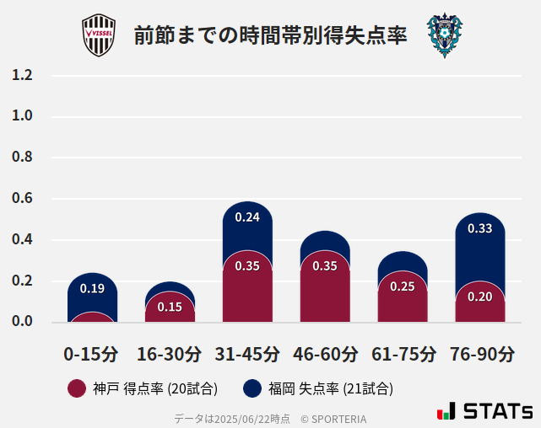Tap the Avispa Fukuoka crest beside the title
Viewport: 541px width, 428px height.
click(445, 35)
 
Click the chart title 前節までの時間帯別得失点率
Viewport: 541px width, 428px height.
click(270, 36)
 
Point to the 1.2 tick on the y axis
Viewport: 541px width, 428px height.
click(23, 75)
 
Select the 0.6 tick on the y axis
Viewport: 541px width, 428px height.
click(23, 199)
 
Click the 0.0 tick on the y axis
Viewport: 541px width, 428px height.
click(23, 322)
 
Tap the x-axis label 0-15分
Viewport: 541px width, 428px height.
click(91, 354)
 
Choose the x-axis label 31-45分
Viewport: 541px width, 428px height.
click(247, 354)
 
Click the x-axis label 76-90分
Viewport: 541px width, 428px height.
click(481, 354)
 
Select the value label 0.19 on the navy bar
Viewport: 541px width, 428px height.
click(92, 289)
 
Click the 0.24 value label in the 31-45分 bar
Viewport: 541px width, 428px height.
click(247, 217)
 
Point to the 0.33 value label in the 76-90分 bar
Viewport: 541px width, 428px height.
click(480, 228)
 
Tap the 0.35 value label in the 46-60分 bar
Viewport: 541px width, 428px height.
click(325, 266)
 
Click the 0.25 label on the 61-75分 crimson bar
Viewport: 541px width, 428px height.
click(403, 286)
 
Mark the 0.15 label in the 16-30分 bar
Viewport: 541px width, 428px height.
click(170, 307)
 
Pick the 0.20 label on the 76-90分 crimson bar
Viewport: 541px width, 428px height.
click(480, 297)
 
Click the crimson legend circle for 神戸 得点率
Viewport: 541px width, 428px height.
click(77, 388)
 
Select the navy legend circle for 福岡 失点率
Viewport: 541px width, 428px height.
click(252, 388)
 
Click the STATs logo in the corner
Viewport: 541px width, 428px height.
click(484, 411)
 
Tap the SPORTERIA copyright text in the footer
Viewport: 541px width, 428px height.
click(333, 419)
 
